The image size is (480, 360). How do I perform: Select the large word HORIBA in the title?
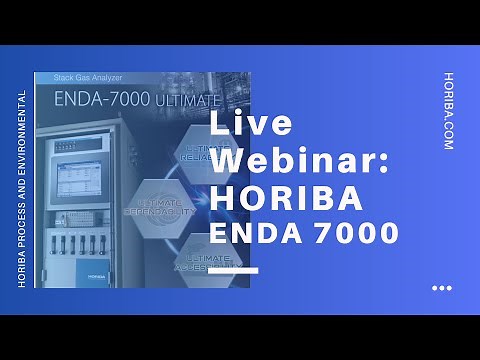click(286, 197)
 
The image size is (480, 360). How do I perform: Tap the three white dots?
click(441, 288)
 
